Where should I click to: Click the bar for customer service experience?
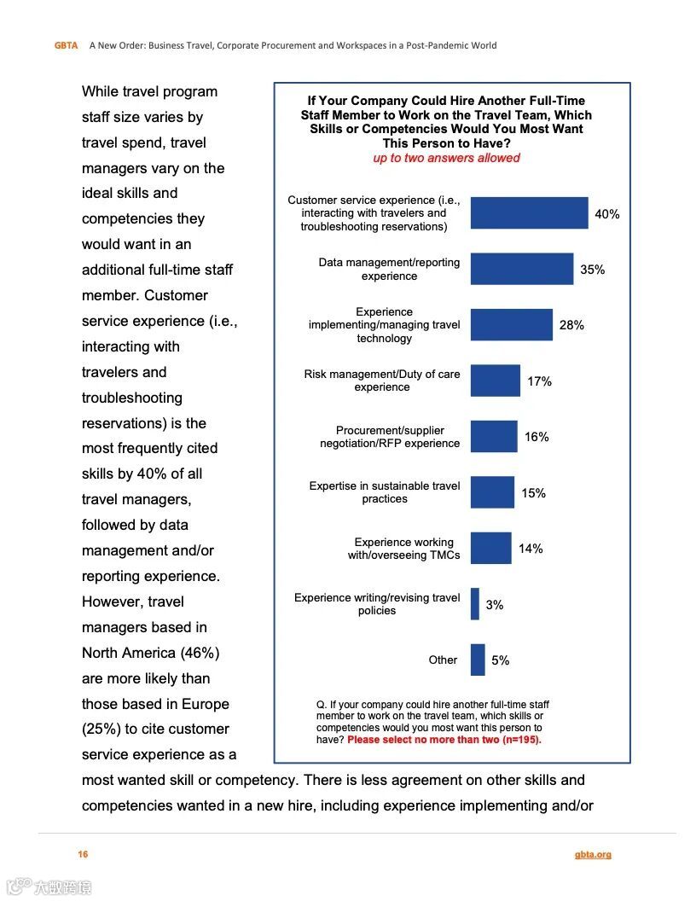(x=529, y=213)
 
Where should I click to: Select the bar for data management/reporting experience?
(x=521, y=269)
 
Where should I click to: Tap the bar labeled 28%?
(x=511, y=325)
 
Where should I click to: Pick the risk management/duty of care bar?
(x=495, y=381)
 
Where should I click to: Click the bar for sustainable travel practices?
(x=492, y=492)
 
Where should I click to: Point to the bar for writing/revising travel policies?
(x=475, y=604)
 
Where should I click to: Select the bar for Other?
(x=478, y=660)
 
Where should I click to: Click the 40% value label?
(x=607, y=214)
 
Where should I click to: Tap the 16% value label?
(x=536, y=437)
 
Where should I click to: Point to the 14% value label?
(x=531, y=549)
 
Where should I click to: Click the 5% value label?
(x=500, y=660)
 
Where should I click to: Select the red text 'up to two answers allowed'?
(x=446, y=158)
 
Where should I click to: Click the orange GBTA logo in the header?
(x=67, y=45)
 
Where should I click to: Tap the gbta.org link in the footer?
(x=593, y=855)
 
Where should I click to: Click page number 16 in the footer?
(x=83, y=855)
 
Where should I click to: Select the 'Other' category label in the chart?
(x=443, y=660)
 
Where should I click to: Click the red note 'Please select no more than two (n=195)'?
(x=444, y=740)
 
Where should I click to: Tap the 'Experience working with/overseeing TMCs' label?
(x=404, y=549)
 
